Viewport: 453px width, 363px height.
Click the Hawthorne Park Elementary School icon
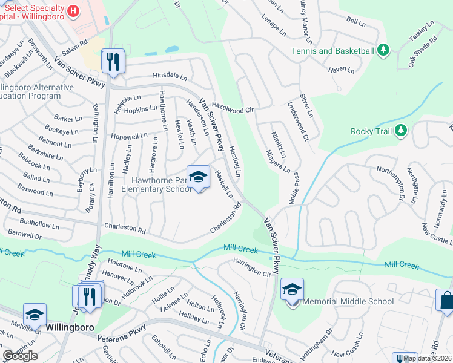pos(198,177)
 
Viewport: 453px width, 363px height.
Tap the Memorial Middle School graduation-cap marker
pos(292,290)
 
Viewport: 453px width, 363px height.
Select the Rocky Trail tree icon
pos(400,131)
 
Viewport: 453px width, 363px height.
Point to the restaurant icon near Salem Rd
pos(113,60)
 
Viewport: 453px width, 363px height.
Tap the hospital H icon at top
pos(73,10)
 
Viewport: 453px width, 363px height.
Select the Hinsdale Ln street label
pos(170,77)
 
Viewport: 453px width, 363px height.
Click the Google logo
pos(20,356)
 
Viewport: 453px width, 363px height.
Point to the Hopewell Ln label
pos(129,136)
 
